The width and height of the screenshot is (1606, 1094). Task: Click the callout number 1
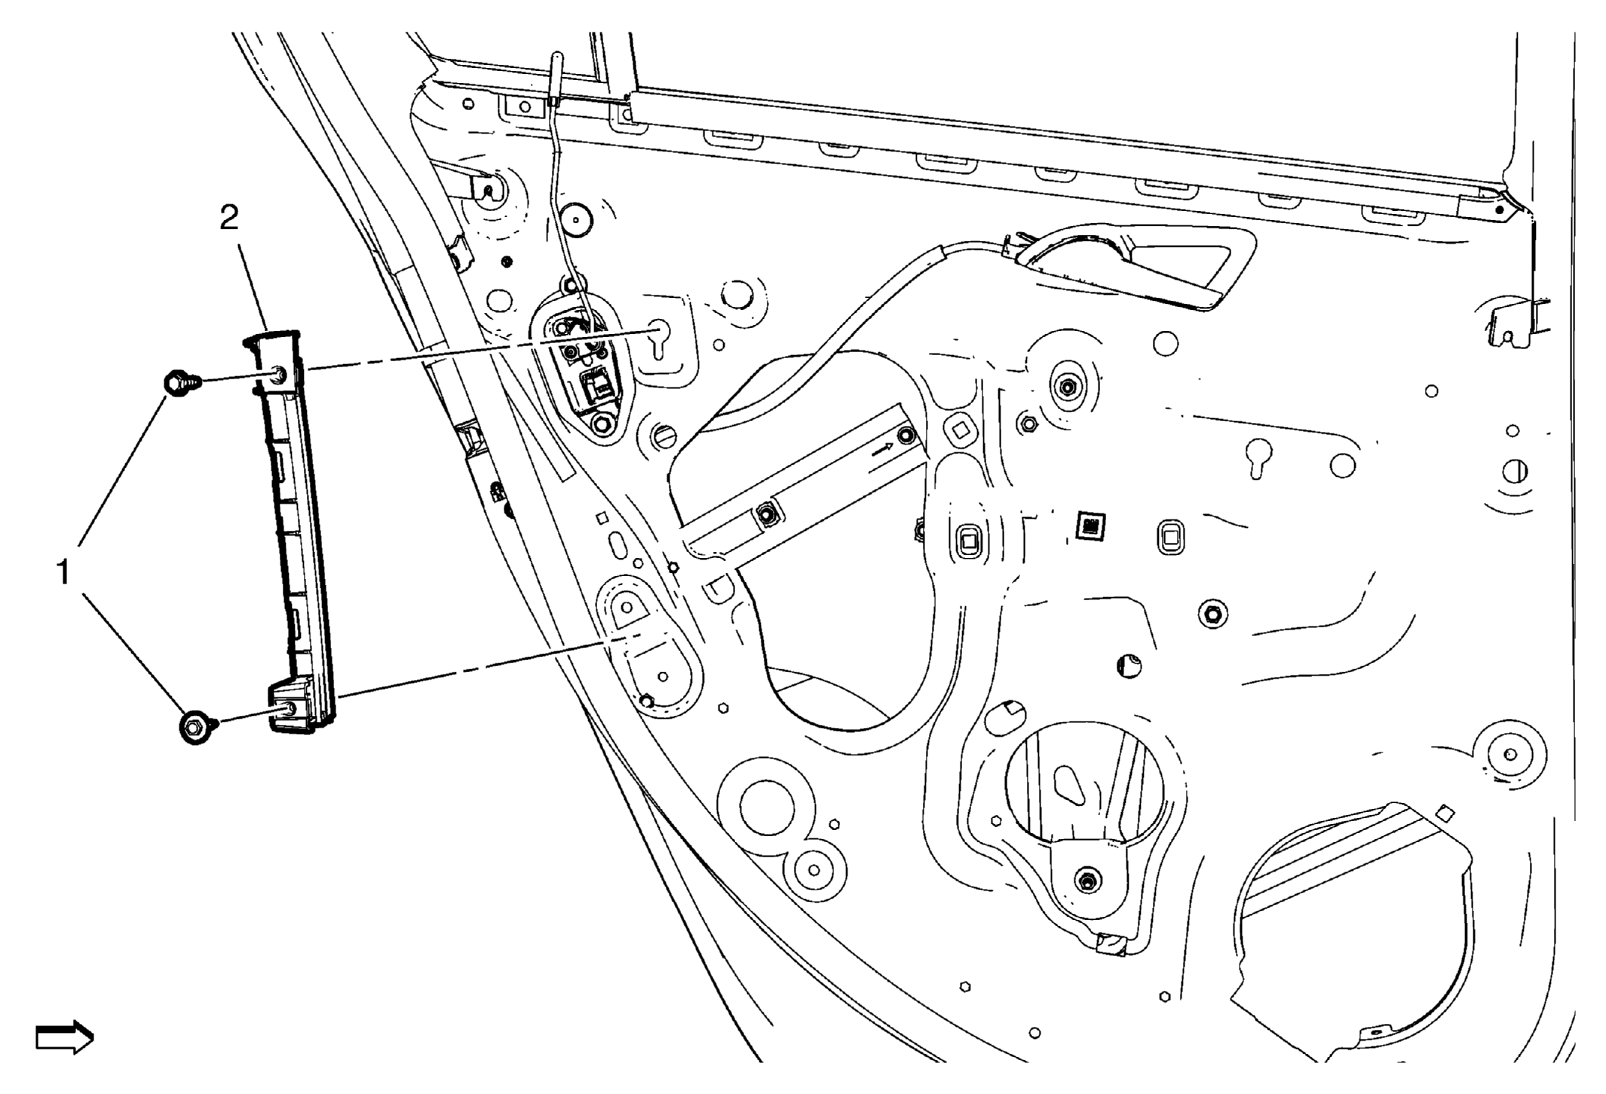click(x=64, y=573)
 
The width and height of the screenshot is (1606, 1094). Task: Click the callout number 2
click(x=229, y=218)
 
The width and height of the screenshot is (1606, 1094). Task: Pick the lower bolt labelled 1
click(x=198, y=726)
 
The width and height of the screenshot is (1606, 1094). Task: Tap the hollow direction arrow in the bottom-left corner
click(x=65, y=1037)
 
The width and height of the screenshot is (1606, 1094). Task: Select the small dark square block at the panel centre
click(x=1090, y=526)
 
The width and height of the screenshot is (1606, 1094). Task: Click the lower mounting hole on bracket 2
click(x=290, y=709)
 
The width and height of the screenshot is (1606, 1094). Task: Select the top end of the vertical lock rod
click(x=556, y=57)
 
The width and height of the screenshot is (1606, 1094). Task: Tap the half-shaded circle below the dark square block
click(x=1128, y=666)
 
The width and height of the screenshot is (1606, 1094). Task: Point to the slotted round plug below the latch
click(x=662, y=436)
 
